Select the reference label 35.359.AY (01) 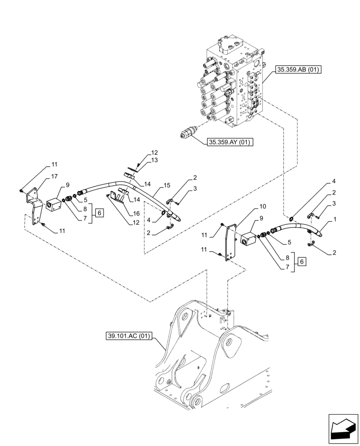[x=229, y=143]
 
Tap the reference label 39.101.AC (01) [x=127, y=335]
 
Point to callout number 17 [x=54, y=176]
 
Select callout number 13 [x=142, y=160]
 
